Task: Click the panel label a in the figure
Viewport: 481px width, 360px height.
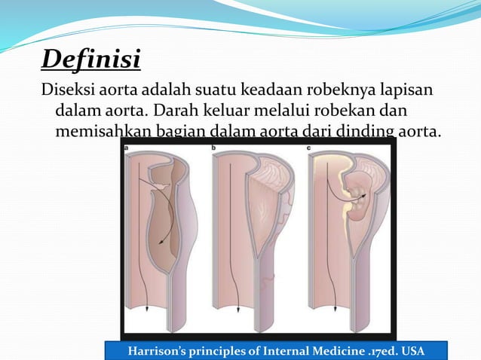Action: click(126, 148)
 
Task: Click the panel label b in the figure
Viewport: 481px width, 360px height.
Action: click(214, 148)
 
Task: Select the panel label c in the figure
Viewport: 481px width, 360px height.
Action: click(310, 148)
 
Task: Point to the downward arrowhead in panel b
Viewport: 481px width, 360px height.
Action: click(239, 308)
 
